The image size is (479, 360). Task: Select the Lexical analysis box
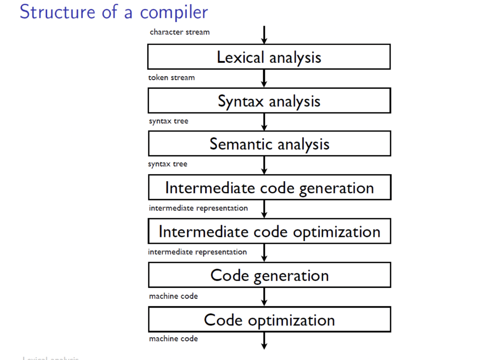point(269,57)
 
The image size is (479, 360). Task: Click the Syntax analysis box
point(269,101)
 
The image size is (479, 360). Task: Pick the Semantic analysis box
point(269,144)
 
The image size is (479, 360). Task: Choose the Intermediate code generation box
point(269,188)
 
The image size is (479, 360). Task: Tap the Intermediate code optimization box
point(269,231)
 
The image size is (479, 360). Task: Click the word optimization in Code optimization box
point(291,321)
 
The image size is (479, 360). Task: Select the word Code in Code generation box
point(229,275)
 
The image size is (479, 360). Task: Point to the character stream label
point(180,32)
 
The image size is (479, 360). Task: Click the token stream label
point(171,78)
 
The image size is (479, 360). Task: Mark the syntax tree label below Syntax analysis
point(168,121)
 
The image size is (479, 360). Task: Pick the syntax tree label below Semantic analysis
point(167,164)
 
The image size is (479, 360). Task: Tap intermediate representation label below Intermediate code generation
point(198,208)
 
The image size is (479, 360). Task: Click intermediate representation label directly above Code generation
point(197,252)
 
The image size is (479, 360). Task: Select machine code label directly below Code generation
point(173,296)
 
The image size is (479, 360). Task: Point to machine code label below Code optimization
point(173,339)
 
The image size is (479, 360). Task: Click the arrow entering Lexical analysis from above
point(264,35)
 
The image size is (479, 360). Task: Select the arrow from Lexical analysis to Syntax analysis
point(264,78)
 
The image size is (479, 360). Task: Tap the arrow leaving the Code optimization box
point(264,340)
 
